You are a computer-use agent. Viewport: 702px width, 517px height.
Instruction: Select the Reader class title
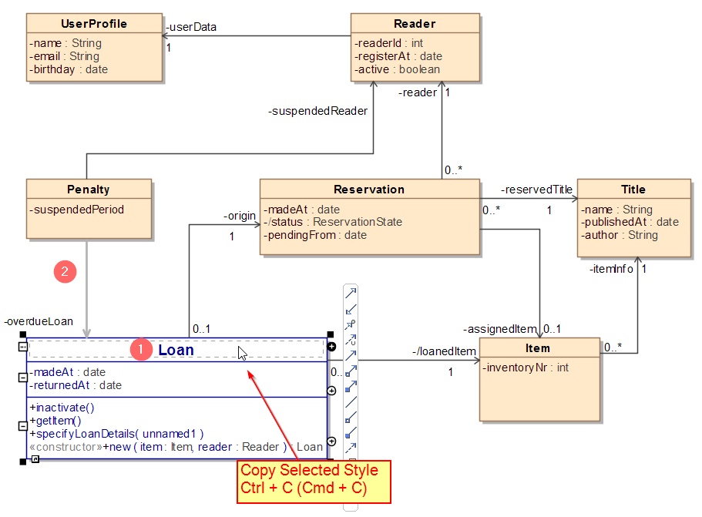pos(415,24)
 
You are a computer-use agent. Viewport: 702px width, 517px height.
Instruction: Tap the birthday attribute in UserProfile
pos(69,69)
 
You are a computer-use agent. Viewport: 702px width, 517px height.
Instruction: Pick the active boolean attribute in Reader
pos(398,69)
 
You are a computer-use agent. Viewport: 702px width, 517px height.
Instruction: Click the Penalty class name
pos(89,190)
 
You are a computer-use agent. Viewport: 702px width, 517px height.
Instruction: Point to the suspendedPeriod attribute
pos(76,210)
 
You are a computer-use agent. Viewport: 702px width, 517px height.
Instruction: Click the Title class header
pos(633,190)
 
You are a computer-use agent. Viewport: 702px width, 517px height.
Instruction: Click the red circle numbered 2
pos(65,271)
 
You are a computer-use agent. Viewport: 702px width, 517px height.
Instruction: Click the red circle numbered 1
pos(140,350)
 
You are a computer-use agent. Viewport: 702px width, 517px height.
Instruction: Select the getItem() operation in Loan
pos(55,421)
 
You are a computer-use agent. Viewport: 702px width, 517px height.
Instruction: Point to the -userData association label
pos(190,28)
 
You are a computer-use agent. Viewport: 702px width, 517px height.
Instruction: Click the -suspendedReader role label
pos(317,111)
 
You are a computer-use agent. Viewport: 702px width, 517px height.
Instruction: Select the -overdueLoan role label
pos(38,321)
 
